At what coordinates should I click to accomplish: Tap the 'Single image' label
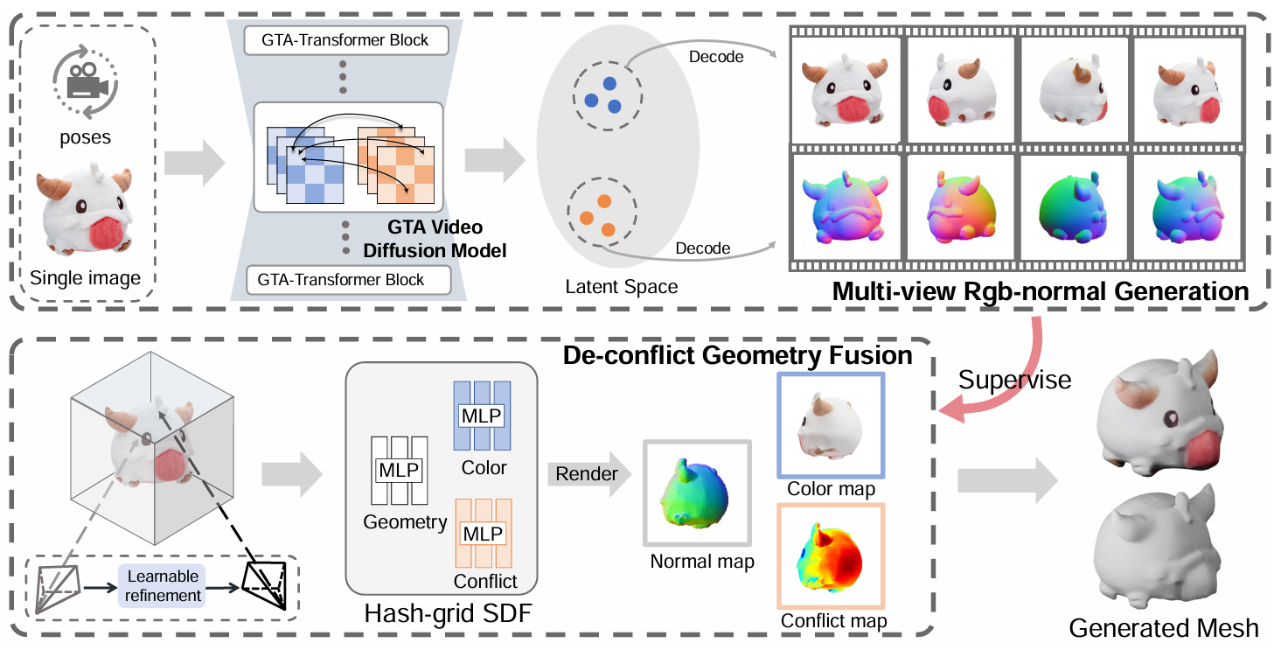pyautogui.click(x=85, y=279)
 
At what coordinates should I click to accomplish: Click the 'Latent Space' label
pyautogui.click(x=621, y=286)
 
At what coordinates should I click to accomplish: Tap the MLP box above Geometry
pyautogui.click(x=399, y=471)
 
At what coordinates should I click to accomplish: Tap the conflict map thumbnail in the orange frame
pyautogui.click(x=831, y=556)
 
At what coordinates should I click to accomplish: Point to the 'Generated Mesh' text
pyautogui.click(x=1164, y=627)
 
